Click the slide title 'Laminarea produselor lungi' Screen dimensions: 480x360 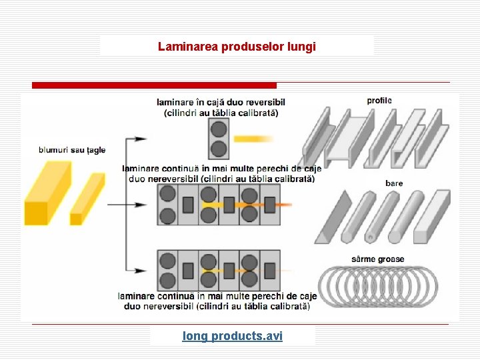click(237, 47)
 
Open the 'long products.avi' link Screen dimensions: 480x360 click(233, 336)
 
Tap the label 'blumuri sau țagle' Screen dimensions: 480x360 click(72, 150)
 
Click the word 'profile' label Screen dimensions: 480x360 click(379, 101)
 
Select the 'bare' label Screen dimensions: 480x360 click(394, 183)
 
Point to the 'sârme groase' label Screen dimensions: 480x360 click(377, 259)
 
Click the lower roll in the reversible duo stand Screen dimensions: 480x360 click(218, 148)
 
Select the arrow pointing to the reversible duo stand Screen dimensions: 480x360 click(137, 139)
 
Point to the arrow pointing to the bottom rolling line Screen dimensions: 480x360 click(137, 270)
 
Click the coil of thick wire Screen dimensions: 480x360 click(379, 286)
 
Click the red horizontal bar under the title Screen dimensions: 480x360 click(154, 85)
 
